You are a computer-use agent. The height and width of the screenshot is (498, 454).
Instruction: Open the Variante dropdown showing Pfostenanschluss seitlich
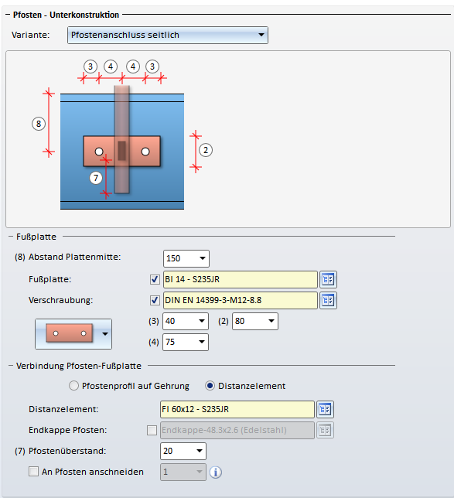[x=167, y=35]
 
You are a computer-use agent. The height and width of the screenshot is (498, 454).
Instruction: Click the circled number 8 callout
[x=39, y=124]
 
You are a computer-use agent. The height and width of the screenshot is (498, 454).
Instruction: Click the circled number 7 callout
[x=96, y=178]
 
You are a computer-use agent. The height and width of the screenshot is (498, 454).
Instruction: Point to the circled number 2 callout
[x=206, y=150]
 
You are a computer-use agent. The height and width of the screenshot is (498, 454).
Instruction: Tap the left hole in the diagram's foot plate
[x=99, y=152]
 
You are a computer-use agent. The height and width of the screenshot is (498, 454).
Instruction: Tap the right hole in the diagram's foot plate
[x=145, y=152]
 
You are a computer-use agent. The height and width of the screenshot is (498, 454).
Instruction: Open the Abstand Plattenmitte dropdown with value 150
[x=186, y=258]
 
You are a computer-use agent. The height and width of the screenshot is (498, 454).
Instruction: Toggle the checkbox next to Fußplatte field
[x=155, y=279]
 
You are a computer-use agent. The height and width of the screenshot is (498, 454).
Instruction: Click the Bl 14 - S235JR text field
[x=241, y=279]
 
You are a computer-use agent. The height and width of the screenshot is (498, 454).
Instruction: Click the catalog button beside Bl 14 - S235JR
[x=328, y=279]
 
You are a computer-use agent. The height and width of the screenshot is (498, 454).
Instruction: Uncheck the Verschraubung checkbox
[x=155, y=301]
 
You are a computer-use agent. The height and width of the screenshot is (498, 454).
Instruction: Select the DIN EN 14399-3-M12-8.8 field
[x=241, y=301]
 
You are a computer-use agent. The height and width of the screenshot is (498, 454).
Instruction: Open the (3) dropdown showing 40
[x=186, y=321]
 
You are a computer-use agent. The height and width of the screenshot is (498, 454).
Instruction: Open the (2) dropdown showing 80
[x=255, y=321]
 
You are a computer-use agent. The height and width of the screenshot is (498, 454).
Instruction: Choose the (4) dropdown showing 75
[x=186, y=342]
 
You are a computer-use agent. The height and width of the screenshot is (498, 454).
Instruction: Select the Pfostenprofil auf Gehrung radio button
[x=73, y=386]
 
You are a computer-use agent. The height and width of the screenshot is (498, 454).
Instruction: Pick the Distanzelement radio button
[x=210, y=386]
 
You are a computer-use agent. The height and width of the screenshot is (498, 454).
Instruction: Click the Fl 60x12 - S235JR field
[x=237, y=409]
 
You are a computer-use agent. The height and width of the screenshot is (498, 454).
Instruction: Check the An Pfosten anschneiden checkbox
[x=34, y=472]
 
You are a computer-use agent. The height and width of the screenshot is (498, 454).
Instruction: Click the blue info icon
[x=216, y=472]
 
